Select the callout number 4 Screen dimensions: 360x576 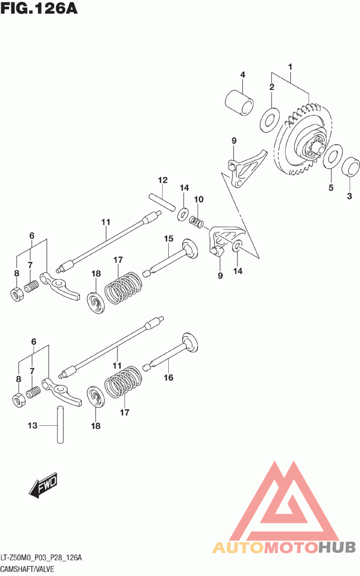click(x=242, y=75)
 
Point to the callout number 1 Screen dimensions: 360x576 click(x=290, y=67)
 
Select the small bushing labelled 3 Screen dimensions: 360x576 click(x=351, y=167)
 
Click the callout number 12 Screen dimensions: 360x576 click(x=162, y=180)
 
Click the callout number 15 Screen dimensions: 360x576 click(x=168, y=238)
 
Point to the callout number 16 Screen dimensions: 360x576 click(x=168, y=378)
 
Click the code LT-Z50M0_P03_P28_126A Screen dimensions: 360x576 click(x=41, y=558)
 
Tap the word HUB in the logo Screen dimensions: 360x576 click(x=337, y=547)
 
